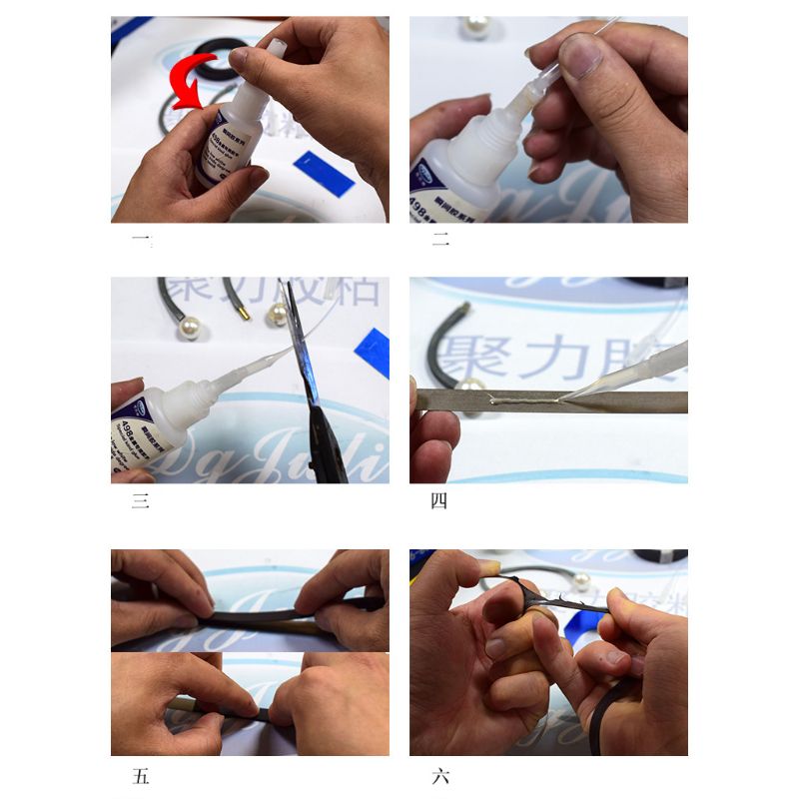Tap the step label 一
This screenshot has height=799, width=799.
[x=141, y=240]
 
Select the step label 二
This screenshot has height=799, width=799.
[x=439, y=240]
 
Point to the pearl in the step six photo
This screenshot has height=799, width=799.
[x=582, y=580]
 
